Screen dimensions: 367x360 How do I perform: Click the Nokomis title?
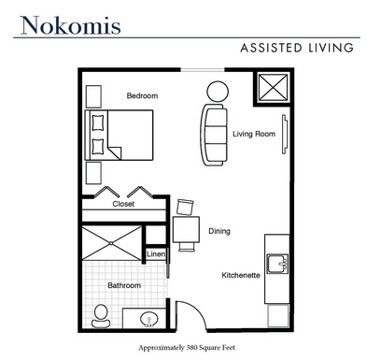point(70,25)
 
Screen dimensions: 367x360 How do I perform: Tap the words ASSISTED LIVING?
point(297,48)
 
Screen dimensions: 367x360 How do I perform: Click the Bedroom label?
point(142,95)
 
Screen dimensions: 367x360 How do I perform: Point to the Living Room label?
point(254,134)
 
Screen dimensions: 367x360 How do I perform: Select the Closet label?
point(123,204)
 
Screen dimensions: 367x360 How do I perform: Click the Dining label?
point(219,231)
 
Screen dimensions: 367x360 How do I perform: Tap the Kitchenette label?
point(241,275)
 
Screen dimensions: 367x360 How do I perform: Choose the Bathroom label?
point(124,285)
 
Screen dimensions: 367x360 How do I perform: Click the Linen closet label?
point(156,253)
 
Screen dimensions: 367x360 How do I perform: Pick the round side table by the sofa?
point(218,92)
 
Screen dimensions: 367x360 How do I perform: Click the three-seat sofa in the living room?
point(214,135)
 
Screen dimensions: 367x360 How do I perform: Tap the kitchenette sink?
point(277,264)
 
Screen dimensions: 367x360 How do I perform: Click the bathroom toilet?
point(101,316)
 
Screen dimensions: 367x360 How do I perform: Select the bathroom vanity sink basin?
point(148,319)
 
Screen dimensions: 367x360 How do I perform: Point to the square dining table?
point(186,230)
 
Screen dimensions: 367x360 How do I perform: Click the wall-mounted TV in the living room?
point(285,135)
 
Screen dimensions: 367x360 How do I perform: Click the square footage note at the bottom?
point(187,348)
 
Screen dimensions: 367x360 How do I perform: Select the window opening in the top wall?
point(203,70)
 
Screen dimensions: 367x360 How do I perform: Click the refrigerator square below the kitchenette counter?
point(278,315)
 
